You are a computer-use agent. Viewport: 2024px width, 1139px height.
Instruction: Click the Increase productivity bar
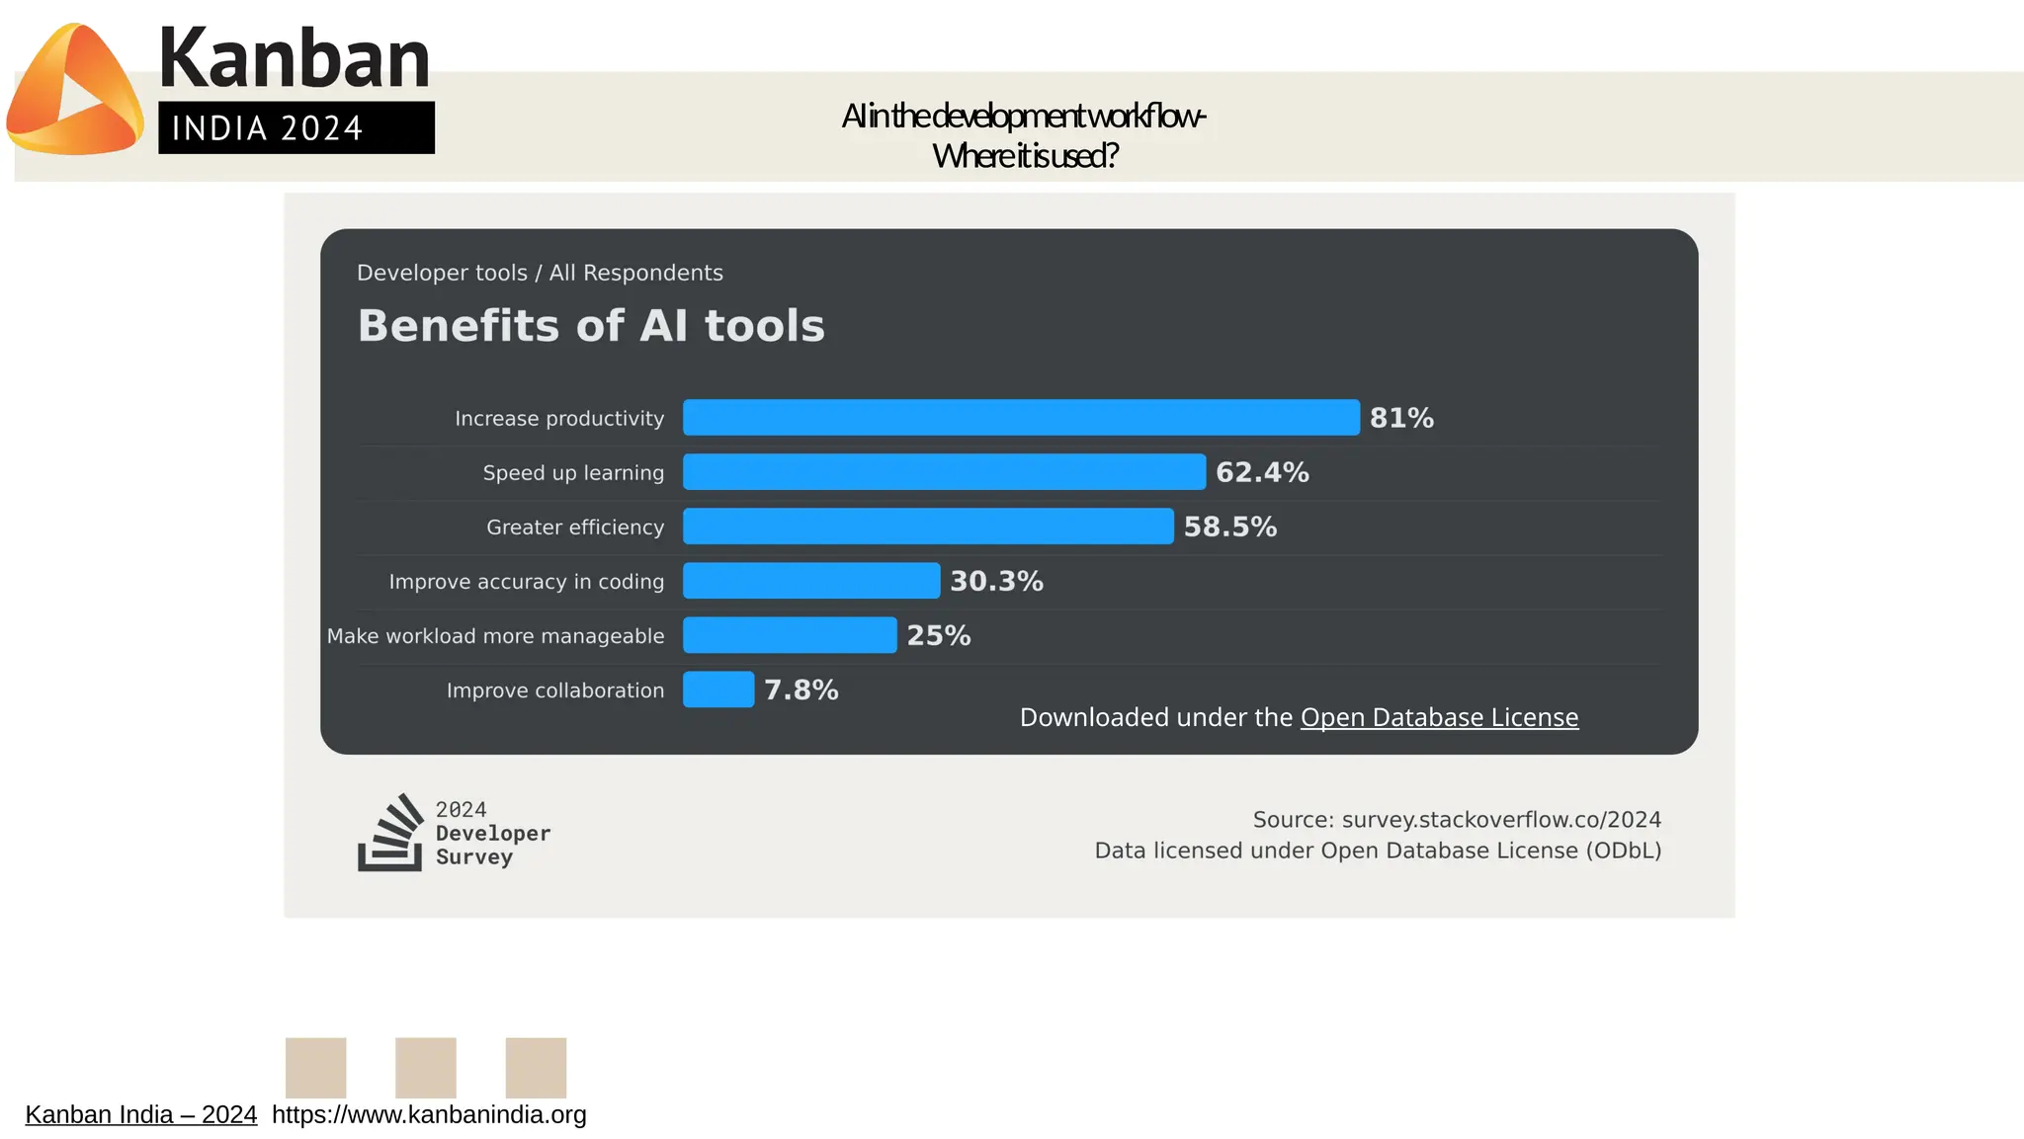click(x=1021, y=418)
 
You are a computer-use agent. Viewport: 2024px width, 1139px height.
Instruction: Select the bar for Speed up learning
click(x=944, y=472)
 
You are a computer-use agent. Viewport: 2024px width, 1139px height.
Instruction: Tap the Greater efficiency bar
click(x=928, y=527)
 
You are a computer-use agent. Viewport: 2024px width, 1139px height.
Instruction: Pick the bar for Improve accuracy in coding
click(x=811, y=581)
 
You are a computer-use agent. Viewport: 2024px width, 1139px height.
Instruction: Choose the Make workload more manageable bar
click(x=790, y=635)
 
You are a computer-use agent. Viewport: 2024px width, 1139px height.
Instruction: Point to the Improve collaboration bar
click(x=718, y=690)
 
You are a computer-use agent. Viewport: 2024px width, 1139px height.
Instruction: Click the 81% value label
click(x=1401, y=418)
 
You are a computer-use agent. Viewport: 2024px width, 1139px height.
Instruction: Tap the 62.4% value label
click(x=1262, y=472)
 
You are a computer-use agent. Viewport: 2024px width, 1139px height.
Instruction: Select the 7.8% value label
click(x=801, y=690)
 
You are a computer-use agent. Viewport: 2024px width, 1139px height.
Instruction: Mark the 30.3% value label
click(x=996, y=581)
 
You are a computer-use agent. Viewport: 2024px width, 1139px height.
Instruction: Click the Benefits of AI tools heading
click(x=591, y=326)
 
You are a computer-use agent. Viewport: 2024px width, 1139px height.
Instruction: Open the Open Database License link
click(x=1439, y=717)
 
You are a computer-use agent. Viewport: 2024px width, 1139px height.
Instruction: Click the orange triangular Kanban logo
click(x=74, y=91)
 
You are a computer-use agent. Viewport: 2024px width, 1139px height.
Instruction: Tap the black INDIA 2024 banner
click(x=296, y=127)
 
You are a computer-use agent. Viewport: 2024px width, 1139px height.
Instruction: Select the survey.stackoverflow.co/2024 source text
click(x=1500, y=820)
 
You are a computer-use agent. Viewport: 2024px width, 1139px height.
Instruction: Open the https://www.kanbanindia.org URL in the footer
click(x=429, y=1114)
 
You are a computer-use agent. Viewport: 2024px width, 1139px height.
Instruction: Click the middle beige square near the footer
click(x=426, y=1067)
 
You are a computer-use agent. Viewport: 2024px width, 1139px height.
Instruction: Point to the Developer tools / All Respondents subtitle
click(x=540, y=273)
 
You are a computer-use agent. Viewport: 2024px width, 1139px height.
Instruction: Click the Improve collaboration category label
click(x=555, y=691)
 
